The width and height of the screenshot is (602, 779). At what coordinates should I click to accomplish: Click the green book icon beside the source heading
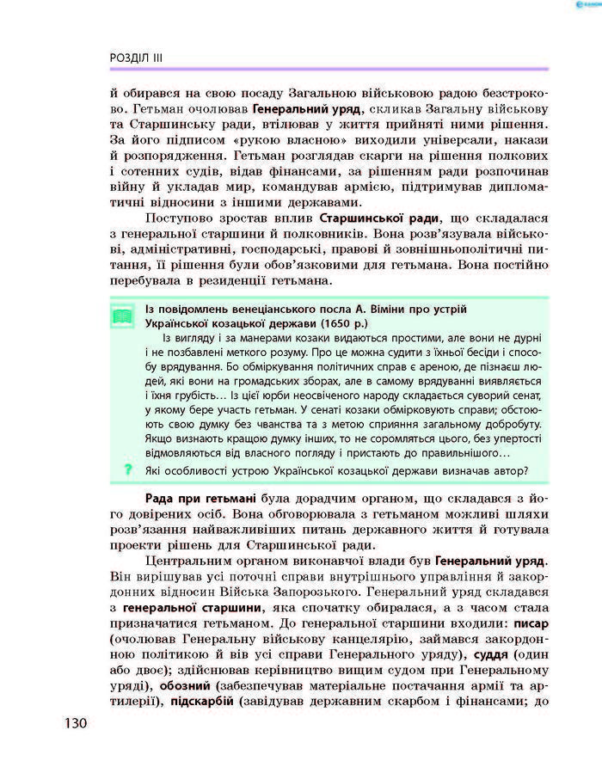124,316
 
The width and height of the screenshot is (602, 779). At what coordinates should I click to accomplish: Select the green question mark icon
127,469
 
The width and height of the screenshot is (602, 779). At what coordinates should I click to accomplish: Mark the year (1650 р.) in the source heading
318,323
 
